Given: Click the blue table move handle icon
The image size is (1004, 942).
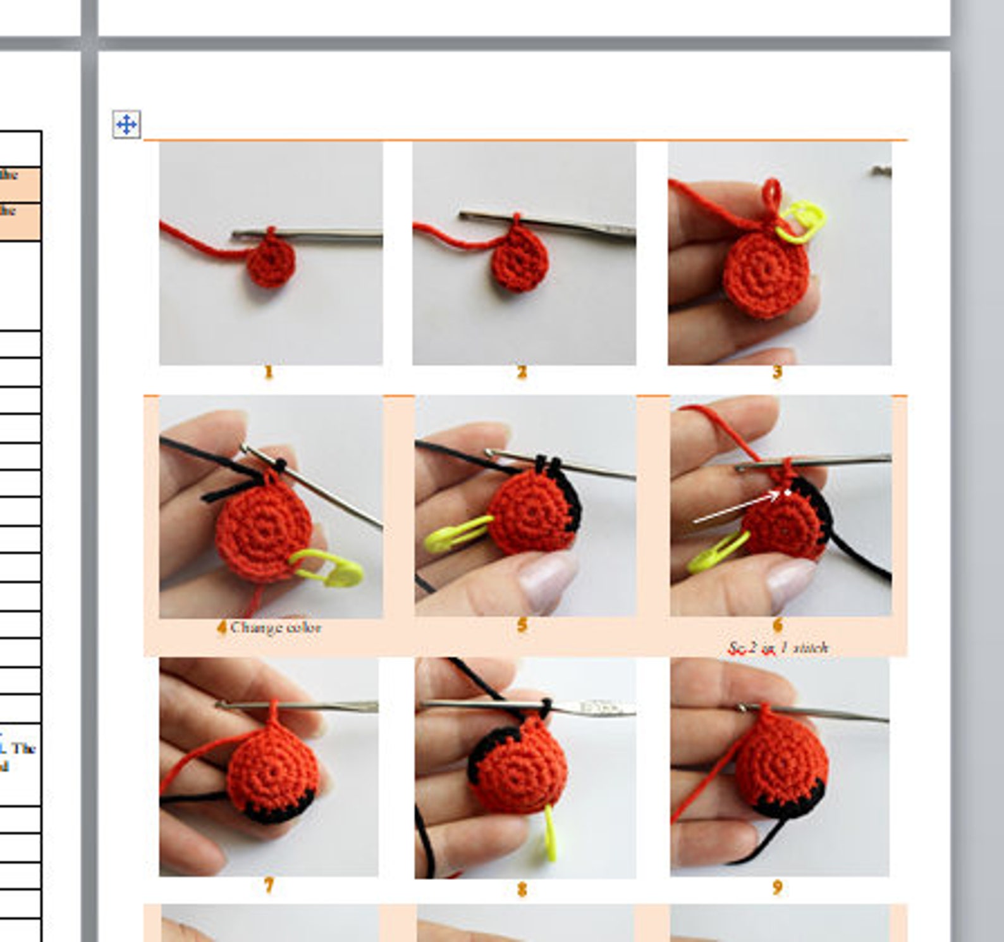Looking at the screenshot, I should (x=126, y=124).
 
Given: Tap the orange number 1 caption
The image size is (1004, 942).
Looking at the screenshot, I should (x=269, y=372).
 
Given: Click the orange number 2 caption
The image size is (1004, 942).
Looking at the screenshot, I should (x=522, y=372).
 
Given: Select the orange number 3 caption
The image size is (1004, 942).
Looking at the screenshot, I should (x=777, y=372).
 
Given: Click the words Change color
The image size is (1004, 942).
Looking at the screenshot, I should (x=276, y=628).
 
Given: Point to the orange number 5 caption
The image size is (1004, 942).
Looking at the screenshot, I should (x=522, y=626).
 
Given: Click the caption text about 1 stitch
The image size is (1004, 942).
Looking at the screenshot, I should (x=778, y=648).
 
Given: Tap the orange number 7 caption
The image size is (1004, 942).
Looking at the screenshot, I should (x=269, y=886).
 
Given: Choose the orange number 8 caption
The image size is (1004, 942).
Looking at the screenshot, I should (x=522, y=889).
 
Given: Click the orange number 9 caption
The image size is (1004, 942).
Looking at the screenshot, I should (x=777, y=888).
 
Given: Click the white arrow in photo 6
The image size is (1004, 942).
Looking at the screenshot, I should (x=737, y=509).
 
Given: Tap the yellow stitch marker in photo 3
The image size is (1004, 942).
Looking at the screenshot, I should (x=802, y=222).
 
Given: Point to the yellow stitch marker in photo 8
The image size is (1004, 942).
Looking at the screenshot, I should (x=549, y=835).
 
